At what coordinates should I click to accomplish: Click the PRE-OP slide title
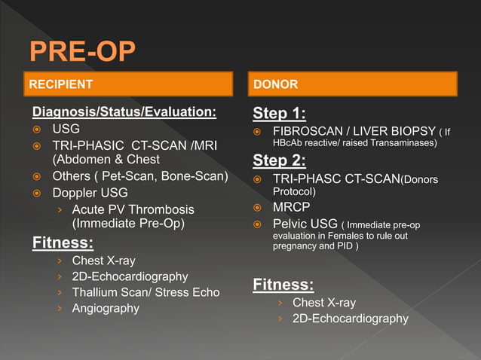83,53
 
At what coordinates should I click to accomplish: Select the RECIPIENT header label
61,84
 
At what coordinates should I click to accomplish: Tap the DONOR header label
275,84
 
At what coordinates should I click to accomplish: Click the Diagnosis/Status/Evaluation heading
124,113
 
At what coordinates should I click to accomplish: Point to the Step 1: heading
279,114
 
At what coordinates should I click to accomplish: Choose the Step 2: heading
279,160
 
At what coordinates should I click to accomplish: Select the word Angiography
106,308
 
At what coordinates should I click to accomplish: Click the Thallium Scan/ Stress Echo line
146,292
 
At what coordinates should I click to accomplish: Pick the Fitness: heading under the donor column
283,285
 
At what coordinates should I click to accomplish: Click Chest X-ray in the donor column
323,303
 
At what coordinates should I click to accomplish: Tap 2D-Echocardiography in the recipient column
130,276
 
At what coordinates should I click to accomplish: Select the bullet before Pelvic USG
257,224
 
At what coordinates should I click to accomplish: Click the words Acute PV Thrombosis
133,209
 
